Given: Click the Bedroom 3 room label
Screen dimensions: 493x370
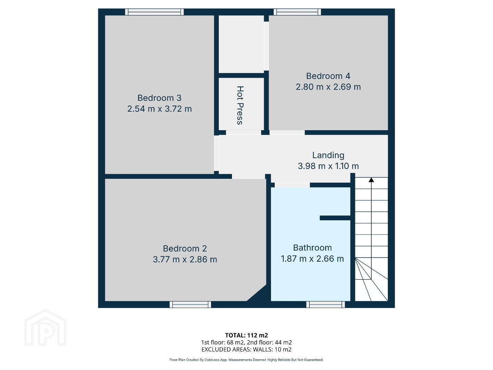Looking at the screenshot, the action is pos(159,98).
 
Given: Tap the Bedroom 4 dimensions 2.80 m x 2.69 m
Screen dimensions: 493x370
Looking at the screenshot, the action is pos(328,87).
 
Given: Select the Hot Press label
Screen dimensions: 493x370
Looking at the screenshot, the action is pos(240,105).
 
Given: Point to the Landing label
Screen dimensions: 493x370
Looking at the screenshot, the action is pos(328,155).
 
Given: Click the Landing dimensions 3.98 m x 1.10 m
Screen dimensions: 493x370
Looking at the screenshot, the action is pos(328,166).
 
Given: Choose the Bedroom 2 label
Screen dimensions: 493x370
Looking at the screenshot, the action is pos(185,248).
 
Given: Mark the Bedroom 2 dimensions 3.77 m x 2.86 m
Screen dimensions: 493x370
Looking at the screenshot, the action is pos(185,260).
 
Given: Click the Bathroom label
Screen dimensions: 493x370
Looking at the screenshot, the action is pos(312,248).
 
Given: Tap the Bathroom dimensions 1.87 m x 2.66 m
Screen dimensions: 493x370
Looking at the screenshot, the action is pos(312,259).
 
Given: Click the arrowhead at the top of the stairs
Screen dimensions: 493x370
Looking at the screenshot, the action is pos(371,180).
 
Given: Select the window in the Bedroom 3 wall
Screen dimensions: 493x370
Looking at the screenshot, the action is pos(154,12).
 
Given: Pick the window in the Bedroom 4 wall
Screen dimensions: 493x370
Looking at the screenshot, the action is pos(297,12).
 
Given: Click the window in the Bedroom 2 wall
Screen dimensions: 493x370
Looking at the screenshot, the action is pos(190,305).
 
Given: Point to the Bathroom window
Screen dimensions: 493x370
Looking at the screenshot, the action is pos(325,305).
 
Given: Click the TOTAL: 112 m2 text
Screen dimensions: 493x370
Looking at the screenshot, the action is pos(246,335).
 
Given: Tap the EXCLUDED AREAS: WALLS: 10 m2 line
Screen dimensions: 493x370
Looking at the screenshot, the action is pos(246,349).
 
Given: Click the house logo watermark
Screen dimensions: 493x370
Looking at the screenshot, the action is pos(45,328).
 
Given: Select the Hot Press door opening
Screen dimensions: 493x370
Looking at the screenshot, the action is pos(244,133).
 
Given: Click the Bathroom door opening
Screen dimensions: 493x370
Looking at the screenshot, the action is pos(292,185).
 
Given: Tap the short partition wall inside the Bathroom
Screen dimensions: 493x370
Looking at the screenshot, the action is pos(335,218).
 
